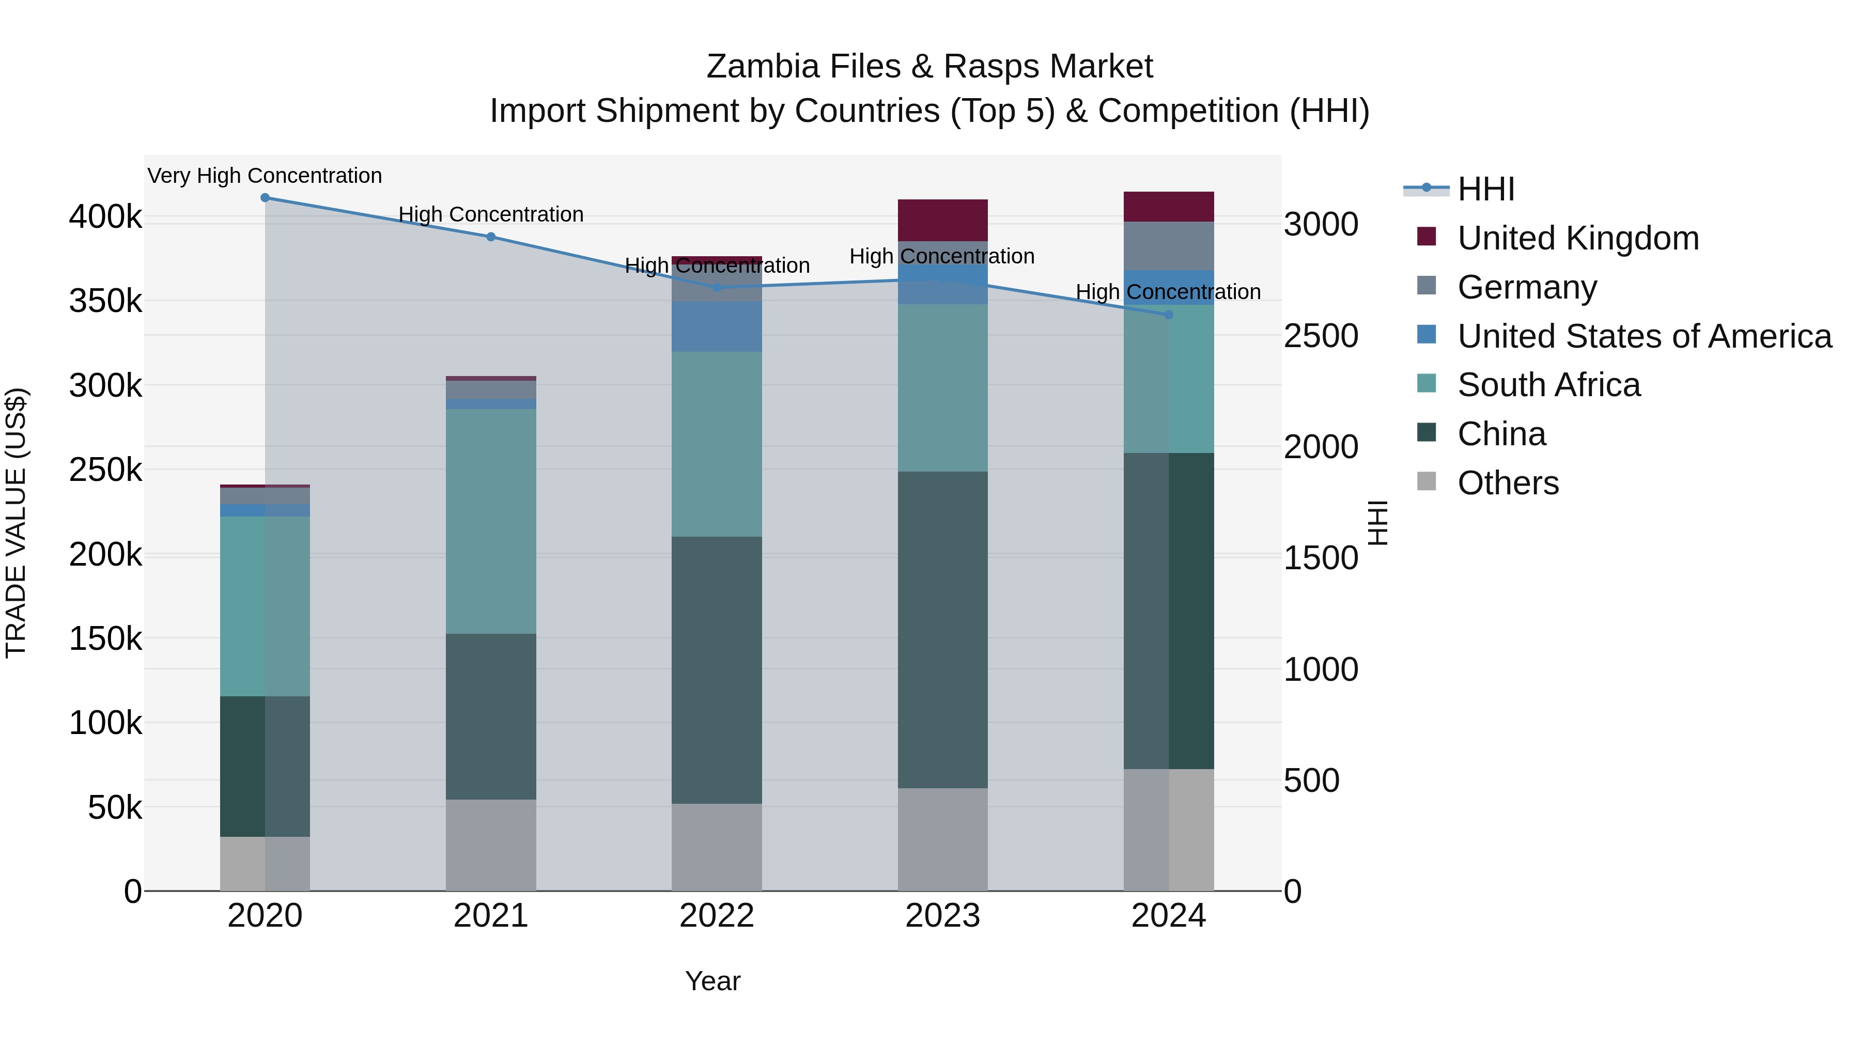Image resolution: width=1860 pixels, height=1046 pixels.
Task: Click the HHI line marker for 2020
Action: [265, 198]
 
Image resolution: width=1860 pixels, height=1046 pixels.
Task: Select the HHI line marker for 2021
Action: [491, 237]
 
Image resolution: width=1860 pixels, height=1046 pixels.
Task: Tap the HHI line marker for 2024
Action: [1169, 315]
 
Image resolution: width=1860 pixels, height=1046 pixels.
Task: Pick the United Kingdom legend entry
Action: [1578, 238]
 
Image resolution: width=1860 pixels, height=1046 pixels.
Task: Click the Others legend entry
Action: [1508, 483]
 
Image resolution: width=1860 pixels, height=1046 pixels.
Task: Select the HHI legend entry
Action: [1485, 189]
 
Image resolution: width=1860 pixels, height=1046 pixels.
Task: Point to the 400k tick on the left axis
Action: [105, 216]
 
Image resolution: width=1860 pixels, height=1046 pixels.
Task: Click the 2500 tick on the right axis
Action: [1321, 336]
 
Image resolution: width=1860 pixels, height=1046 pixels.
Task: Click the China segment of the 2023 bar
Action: [942, 630]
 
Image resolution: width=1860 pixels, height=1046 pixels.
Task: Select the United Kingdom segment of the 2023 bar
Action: [942, 220]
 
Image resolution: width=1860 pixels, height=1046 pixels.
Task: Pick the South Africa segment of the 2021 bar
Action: [491, 521]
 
